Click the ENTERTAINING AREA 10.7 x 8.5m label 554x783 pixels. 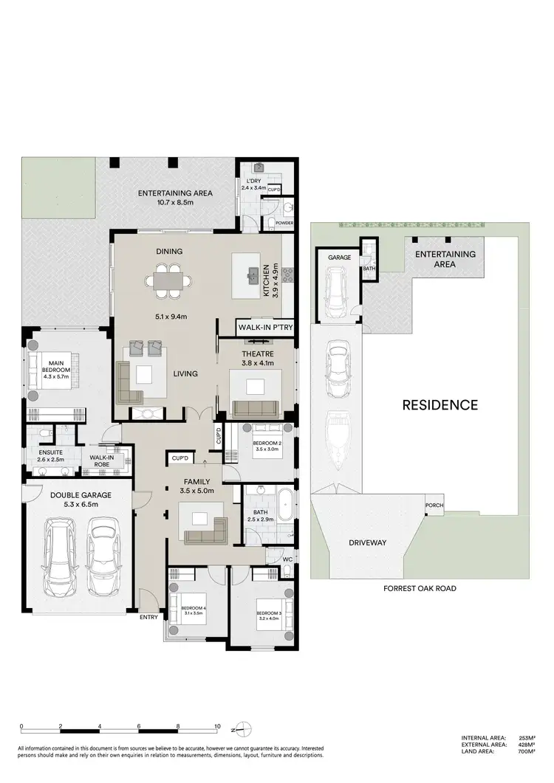(x=175, y=198)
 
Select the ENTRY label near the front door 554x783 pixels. (x=148, y=617)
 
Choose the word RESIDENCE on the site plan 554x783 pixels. (x=440, y=404)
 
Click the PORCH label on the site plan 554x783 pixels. (x=434, y=506)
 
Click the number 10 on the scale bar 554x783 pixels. (x=217, y=727)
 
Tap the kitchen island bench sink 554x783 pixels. (x=256, y=272)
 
